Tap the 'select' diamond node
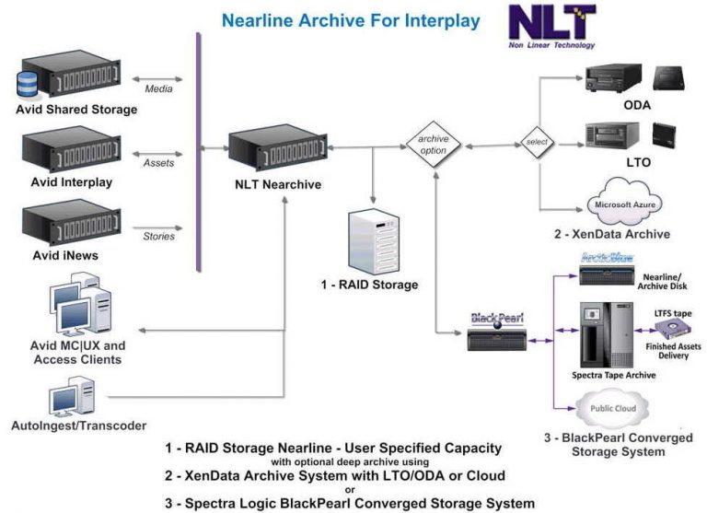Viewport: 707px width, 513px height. pos(538,144)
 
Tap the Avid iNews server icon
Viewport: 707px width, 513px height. pos(75,221)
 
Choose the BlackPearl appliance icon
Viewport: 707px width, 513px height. pos(497,335)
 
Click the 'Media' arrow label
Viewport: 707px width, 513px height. pos(158,89)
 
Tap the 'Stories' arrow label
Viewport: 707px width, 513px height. pos(158,236)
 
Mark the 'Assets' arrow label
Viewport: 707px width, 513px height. pos(158,163)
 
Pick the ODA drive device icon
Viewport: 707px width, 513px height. pos(615,79)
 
